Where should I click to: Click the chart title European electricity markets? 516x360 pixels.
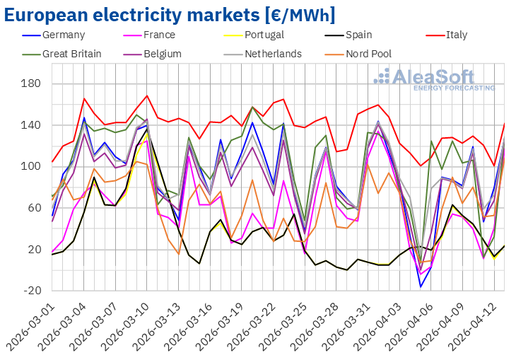click(x=170, y=14)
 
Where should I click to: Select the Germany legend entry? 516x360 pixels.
click(x=63, y=35)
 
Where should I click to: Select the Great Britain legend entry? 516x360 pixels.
click(x=71, y=53)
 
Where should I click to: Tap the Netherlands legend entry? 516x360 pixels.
click(x=273, y=53)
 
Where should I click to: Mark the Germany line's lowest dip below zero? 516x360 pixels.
click(x=421, y=286)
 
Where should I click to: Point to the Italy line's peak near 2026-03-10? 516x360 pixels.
click(x=147, y=95)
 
